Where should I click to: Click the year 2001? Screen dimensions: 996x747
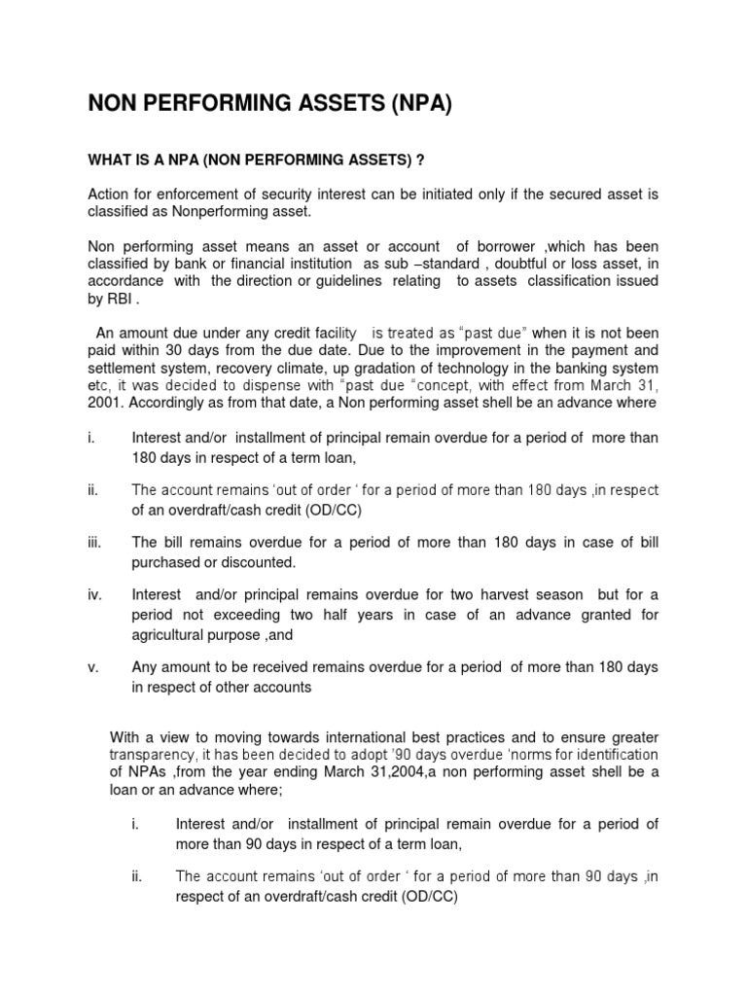coord(105,403)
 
